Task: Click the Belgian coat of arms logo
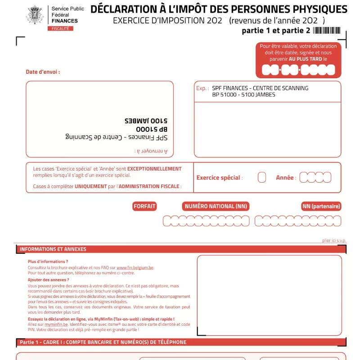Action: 36,15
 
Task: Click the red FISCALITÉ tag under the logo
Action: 60,28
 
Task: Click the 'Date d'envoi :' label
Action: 43,72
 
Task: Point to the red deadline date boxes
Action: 298,70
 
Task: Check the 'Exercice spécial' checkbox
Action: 262,177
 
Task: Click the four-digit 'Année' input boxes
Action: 315,177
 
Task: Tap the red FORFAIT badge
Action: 144,207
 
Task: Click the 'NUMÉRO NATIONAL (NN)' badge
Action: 216,207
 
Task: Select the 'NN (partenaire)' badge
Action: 321,207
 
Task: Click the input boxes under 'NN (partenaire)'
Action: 298,221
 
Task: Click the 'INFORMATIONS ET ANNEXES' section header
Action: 53,249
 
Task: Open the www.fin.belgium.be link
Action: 135,267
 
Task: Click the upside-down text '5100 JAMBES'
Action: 146,121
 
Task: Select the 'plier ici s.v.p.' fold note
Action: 334,241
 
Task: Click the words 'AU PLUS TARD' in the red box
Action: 306,59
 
